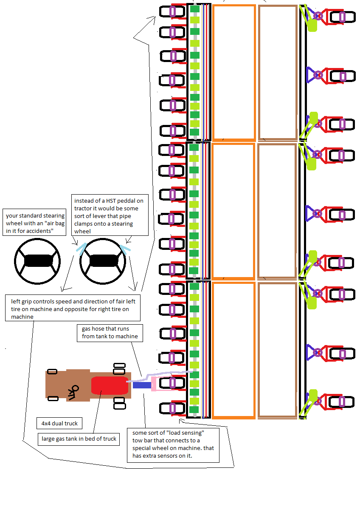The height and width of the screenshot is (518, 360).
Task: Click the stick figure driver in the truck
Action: point(73,392)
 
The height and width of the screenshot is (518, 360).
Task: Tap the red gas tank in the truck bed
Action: point(109,385)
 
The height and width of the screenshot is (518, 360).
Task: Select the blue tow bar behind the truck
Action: point(142,385)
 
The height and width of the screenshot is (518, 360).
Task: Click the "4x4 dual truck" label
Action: point(59,424)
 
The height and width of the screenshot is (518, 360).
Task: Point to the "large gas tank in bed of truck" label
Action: point(79,439)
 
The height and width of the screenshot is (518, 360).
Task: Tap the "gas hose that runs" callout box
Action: point(110,332)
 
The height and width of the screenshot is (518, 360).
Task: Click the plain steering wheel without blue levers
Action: point(37,261)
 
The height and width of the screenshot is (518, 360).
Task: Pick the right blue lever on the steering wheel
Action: point(125,249)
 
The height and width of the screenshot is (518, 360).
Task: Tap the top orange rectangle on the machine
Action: point(234,72)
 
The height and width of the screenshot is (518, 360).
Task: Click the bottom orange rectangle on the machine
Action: point(234,350)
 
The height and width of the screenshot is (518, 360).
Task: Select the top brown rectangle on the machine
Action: point(278,72)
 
